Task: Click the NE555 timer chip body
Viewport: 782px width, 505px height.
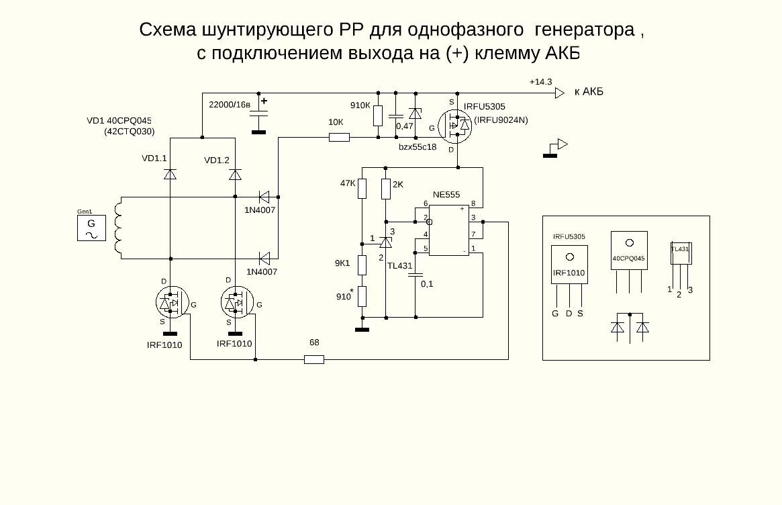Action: (x=448, y=230)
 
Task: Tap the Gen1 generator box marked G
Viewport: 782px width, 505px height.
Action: (x=91, y=228)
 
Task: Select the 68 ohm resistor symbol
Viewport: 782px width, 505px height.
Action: (x=314, y=360)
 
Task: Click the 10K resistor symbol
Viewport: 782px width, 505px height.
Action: (x=339, y=138)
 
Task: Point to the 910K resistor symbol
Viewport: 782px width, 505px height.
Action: (x=378, y=116)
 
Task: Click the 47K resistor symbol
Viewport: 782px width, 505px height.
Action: (x=362, y=189)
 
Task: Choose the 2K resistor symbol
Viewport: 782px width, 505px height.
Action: (x=386, y=189)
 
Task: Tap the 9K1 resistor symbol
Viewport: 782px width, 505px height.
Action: (x=362, y=265)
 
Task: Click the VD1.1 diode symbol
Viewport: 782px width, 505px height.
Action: (x=170, y=175)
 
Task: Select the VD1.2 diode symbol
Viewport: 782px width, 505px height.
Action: (x=235, y=175)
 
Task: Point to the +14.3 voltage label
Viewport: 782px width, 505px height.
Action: (x=540, y=82)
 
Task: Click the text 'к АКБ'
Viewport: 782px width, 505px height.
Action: (x=589, y=91)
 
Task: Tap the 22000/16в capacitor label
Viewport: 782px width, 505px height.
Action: (x=230, y=105)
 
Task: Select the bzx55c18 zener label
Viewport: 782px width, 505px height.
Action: (x=418, y=146)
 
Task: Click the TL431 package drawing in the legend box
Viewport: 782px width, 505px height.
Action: (x=681, y=254)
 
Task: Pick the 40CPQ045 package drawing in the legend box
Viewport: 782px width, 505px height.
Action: (x=629, y=250)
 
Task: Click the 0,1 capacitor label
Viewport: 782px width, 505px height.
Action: (x=427, y=284)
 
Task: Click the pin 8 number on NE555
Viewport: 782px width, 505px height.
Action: (x=473, y=203)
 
